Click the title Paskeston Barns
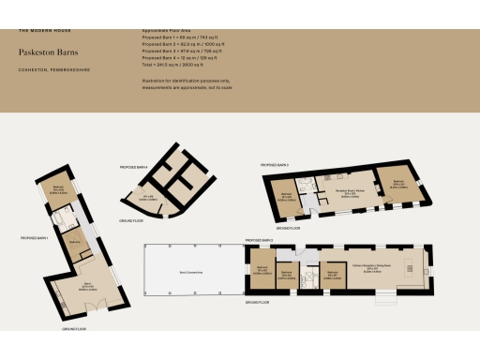[46, 53]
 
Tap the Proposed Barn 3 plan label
[275, 165]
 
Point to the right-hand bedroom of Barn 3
[397, 184]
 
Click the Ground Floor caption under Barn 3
[288, 228]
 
